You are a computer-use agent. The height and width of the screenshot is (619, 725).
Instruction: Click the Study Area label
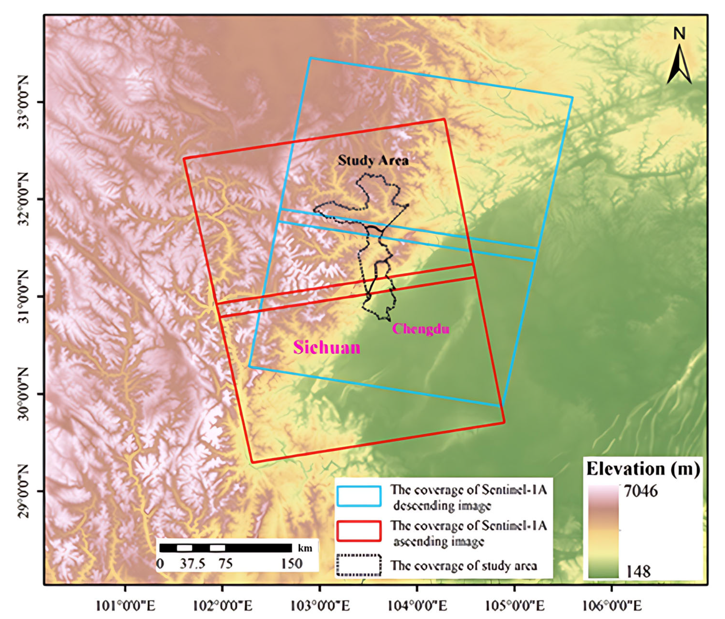pos(373,161)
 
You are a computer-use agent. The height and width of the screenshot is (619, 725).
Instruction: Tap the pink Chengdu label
pos(421,329)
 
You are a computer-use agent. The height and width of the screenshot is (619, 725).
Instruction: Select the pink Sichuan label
pos(326,347)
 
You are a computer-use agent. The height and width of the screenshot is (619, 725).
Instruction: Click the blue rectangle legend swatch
pos(359,496)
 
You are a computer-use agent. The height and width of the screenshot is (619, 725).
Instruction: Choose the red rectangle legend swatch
pos(359,531)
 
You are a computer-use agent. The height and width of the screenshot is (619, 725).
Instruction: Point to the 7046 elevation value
pos(641,491)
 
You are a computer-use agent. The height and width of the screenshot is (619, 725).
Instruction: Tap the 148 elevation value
pos(638,571)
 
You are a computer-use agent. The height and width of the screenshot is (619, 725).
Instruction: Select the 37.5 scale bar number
pos(193,564)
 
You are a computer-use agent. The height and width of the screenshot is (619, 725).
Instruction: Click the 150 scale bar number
pos(292,564)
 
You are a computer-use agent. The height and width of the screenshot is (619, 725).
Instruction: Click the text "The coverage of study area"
pos(464,565)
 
